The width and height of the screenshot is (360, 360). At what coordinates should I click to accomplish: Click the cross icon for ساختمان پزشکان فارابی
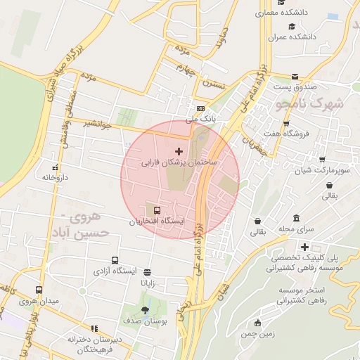point(179,151)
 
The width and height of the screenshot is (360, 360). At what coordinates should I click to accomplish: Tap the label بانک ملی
point(201,120)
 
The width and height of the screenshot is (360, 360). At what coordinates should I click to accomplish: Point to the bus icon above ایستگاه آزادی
point(115,260)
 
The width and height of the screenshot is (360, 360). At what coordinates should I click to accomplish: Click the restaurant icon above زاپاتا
point(147,272)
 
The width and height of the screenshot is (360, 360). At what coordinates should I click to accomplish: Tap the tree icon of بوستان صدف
point(145,309)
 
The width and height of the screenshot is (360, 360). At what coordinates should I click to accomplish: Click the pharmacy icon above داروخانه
point(55,167)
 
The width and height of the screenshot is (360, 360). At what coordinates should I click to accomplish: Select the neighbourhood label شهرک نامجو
point(310,104)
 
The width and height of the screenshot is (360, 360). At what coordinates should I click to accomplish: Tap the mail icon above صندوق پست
point(295,76)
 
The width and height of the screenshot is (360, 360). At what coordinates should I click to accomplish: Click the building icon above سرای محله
point(296,218)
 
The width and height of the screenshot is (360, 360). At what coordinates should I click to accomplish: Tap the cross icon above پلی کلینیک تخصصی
point(304,246)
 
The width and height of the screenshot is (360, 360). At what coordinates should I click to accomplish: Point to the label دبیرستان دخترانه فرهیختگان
point(95,344)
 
